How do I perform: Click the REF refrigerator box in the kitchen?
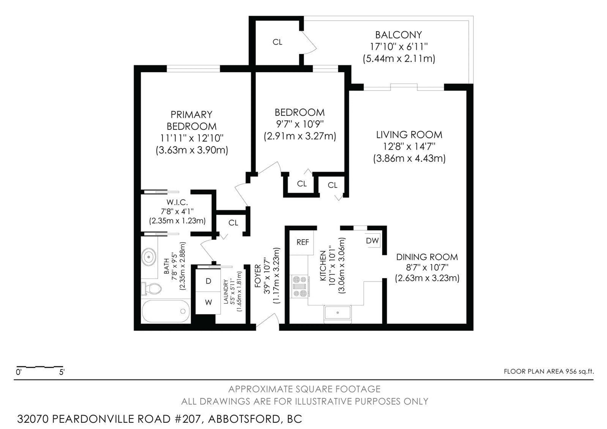coord(302,242)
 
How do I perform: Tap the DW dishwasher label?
coord(372,241)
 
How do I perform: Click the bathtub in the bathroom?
coord(166,311)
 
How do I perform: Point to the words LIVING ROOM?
coord(409,135)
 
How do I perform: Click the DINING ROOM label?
coord(427,257)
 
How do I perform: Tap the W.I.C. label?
coord(177,202)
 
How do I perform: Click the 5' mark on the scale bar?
coord(62,372)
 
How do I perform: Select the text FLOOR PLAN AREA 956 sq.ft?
coord(549,371)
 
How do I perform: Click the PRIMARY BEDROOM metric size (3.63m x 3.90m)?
coord(192,150)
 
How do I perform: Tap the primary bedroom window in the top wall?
coord(193,69)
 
